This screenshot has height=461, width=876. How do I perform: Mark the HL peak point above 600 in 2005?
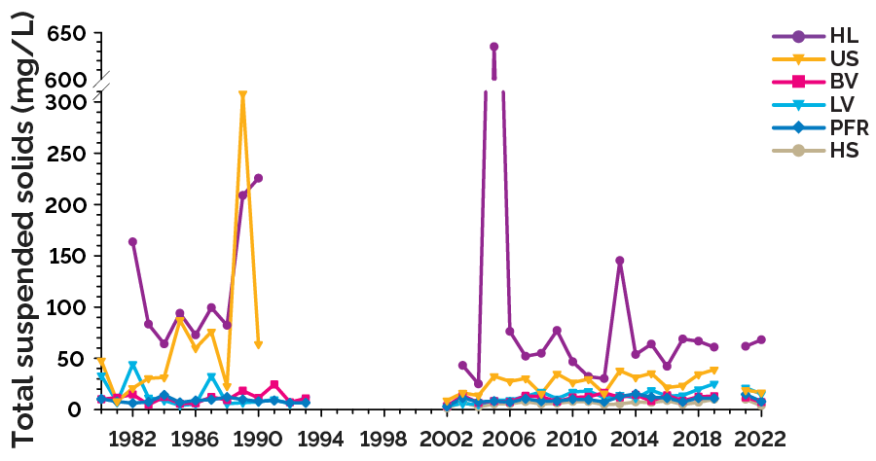(493, 47)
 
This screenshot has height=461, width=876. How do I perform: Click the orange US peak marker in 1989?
(242, 95)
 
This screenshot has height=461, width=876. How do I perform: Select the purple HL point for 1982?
(132, 241)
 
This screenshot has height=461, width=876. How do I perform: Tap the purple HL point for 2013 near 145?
(619, 261)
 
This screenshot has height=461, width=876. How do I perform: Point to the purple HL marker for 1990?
(258, 178)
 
